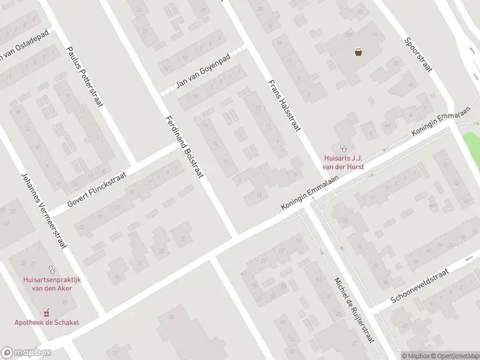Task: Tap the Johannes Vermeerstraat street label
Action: [x=44, y=211]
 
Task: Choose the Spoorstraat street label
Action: [x=418, y=55]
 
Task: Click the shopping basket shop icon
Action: [x=358, y=52]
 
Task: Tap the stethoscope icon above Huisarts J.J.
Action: [x=344, y=147]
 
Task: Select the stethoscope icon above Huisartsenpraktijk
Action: [x=51, y=270]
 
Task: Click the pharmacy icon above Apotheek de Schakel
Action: [x=47, y=313]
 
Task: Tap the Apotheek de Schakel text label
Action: [x=47, y=322]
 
